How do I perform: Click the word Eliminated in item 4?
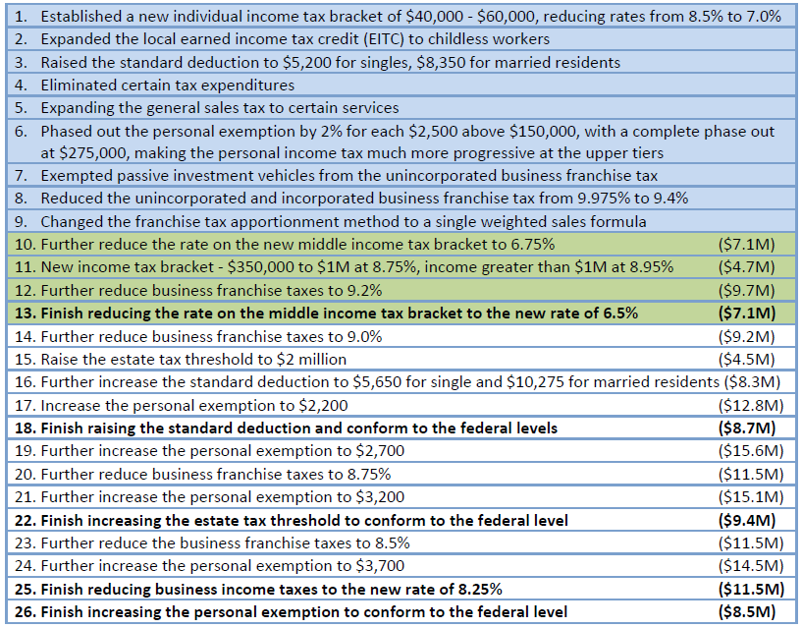click(76, 86)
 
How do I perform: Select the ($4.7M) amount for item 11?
click(747, 267)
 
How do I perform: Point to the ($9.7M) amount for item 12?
click(747, 291)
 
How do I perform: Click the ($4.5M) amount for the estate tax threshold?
click(747, 359)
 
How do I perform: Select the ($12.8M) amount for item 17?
click(751, 405)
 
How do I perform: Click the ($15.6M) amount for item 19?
click(751, 451)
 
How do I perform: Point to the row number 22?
click(26, 521)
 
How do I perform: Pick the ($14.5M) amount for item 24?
click(751, 565)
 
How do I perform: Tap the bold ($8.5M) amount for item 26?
click(747, 611)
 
